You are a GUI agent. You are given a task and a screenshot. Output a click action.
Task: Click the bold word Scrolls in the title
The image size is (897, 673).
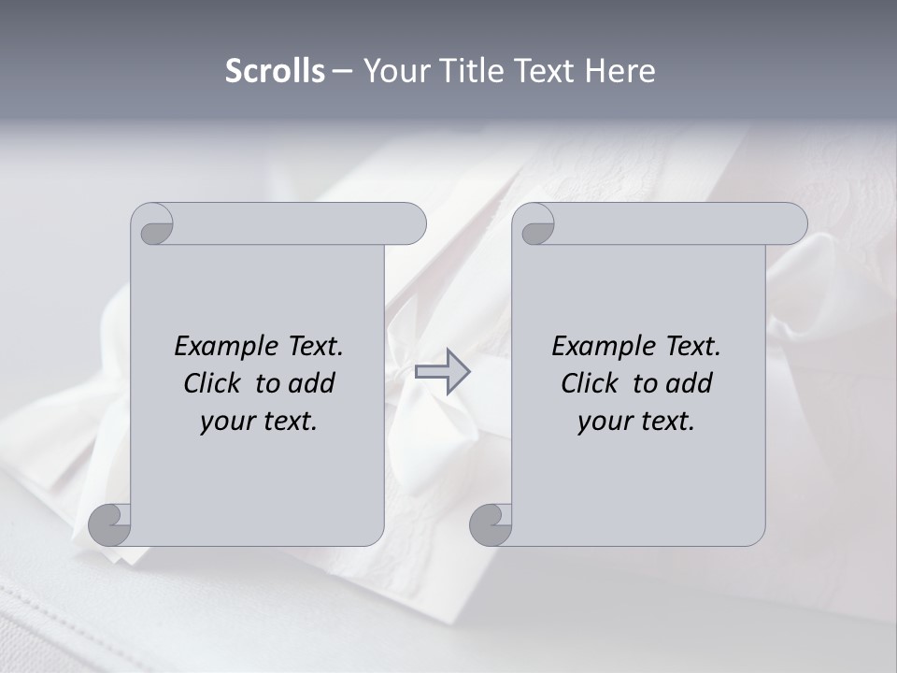coord(276,71)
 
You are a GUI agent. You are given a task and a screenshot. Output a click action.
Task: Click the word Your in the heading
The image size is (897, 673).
coord(392,71)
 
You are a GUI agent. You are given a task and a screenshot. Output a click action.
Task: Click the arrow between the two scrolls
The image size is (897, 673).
coord(442,371)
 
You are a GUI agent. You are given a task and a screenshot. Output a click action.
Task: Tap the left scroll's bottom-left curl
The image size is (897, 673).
coord(109,524)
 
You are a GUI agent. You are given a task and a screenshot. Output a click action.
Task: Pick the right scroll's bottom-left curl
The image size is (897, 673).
coord(491,524)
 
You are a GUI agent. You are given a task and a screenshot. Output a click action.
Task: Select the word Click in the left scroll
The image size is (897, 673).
coord(211,383)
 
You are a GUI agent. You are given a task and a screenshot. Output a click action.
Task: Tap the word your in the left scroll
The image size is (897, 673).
coord(226,422)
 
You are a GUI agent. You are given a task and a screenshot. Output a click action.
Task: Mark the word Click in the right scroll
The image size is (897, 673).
coord(589,383)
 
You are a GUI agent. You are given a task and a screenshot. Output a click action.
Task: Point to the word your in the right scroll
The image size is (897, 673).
coord(604,422)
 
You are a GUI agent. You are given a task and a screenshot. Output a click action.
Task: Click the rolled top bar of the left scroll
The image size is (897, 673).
coord(290,223)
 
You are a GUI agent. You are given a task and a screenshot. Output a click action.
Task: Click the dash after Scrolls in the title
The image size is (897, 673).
coord(342,72)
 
